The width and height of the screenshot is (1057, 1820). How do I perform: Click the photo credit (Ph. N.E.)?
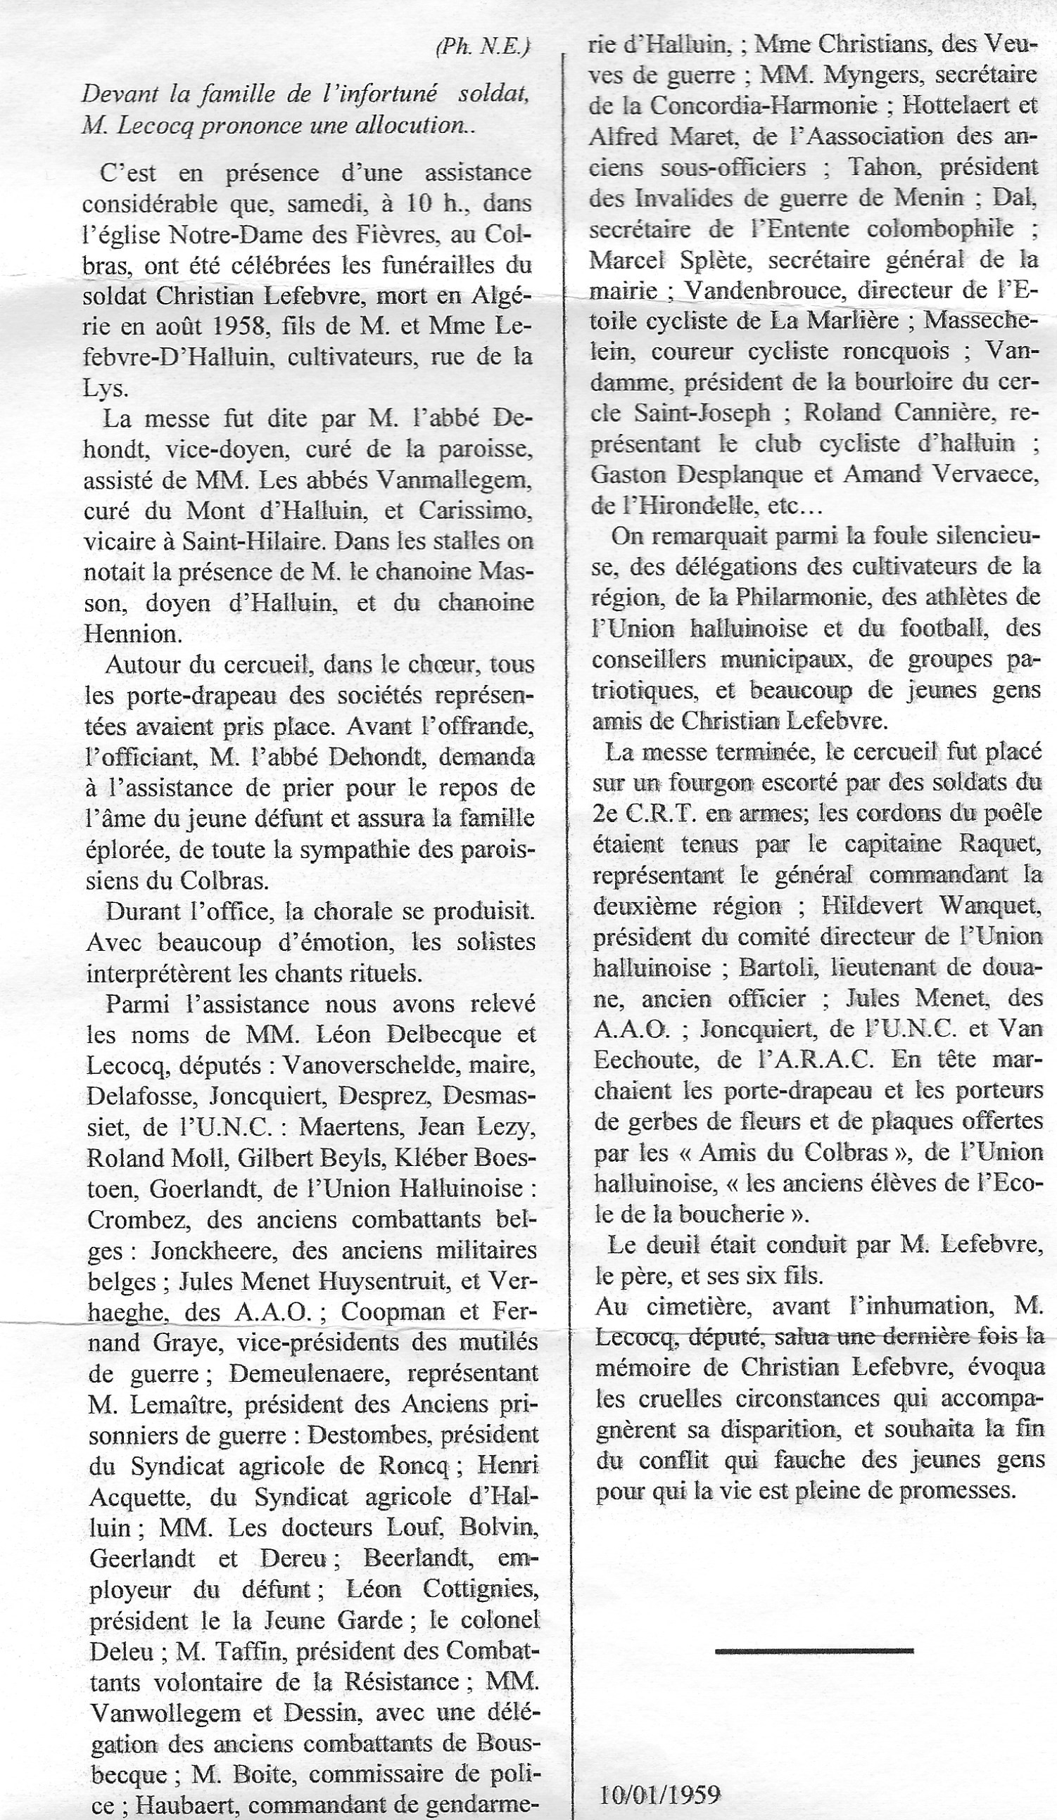coord(483,48)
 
